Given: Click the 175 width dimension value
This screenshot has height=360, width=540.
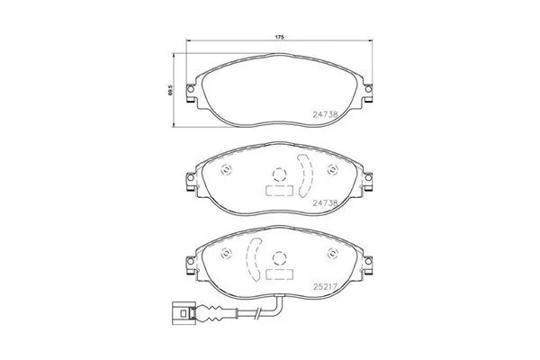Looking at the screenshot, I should coord(280,37).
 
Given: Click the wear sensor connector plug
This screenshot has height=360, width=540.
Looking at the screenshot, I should coord(184,314).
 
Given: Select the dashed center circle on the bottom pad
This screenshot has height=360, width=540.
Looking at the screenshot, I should coord(280,256).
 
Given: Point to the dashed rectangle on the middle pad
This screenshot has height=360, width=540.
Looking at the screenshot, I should coord(280,191).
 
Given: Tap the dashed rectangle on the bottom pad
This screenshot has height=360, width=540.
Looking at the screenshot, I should coord(280,272).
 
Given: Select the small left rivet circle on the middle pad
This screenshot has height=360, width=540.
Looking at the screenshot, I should coord(225,171).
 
